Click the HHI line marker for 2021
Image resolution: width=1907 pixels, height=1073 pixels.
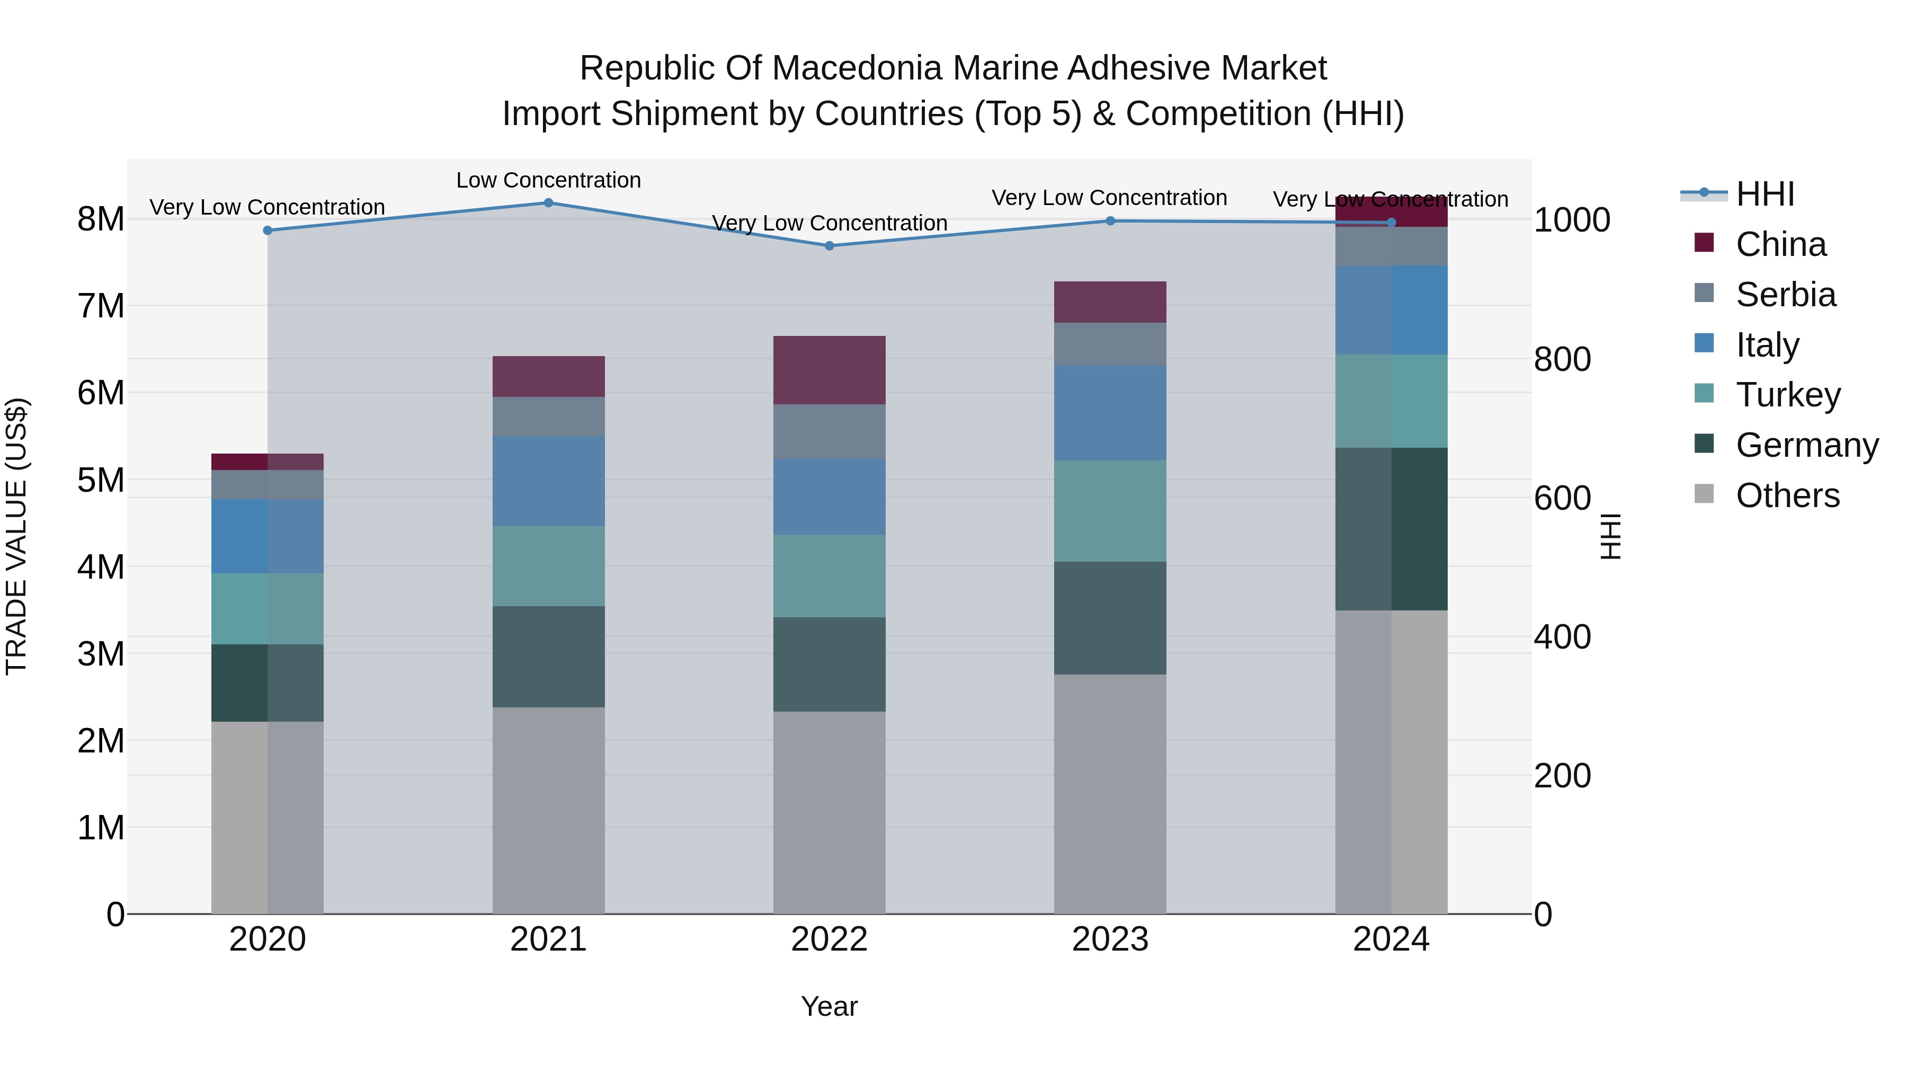(x=549, y=203)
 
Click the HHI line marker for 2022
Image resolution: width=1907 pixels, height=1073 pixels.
(x=829, y=246)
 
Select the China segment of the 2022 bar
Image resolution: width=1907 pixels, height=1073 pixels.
(x=829, y=370)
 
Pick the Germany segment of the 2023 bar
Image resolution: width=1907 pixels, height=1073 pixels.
(x=1110, y=618)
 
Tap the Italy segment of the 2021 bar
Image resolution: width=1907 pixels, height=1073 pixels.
(x=549, y=481)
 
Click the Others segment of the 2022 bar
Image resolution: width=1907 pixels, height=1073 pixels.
(x=829, y=812)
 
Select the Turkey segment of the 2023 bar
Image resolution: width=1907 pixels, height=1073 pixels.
(x=1110, y=511)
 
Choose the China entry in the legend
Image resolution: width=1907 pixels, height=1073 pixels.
(x=1780, y=244)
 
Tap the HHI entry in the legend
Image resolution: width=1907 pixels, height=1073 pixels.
(x=1764, y=194)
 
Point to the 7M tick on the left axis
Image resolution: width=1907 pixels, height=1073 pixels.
(x=101, y=306)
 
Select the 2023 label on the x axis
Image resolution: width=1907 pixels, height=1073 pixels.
(x=1110, y=939)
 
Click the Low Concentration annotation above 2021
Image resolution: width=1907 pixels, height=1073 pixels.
(x=549, y=180)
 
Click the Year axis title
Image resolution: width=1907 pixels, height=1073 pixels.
(x=829, y=1006)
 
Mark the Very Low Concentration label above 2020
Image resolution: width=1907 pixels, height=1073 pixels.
(x=268, y=207)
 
